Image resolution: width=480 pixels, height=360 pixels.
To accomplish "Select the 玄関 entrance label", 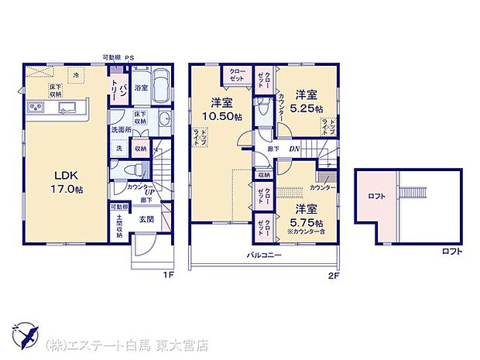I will [147, 219].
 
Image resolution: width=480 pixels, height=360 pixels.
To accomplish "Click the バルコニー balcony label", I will [264, 255].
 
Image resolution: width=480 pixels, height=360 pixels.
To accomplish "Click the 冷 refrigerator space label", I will [76, 74].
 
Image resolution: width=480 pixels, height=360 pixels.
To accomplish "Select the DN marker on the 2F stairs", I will [294, 149].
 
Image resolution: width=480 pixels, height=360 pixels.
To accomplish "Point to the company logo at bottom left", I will [28, 334].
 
